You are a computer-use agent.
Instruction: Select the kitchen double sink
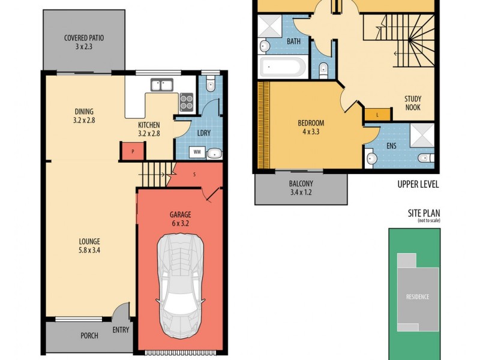(161, 85)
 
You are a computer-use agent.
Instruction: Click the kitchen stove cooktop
(186, 103)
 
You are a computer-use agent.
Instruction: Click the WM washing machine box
(197, 152)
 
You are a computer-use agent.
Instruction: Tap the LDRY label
(203, 133)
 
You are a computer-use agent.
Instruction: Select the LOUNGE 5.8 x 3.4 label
(89, 246)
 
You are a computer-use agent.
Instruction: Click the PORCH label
(89, 335)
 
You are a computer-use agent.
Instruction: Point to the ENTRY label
(120, 330)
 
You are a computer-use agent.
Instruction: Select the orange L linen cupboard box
(376, 114)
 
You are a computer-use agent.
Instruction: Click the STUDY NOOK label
(412, 103)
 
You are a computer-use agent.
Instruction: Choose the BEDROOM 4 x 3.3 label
(311, 128)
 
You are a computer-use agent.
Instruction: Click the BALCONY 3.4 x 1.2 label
(301, 188)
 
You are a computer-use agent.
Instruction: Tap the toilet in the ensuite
(424, 159)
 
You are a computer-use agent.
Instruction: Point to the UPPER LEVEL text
(418, 184)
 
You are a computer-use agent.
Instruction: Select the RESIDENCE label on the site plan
(417, 296)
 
